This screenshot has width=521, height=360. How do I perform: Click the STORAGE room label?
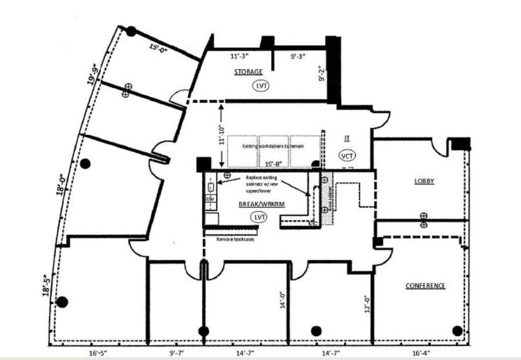click(x=248, y=72)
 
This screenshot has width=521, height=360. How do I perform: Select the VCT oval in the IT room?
click(x=347, y=156)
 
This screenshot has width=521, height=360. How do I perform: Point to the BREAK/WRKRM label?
click(x=262, y=204)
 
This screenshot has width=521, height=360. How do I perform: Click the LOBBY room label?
click(x=424, y=181)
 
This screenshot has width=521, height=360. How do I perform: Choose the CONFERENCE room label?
click(x=425, y=286)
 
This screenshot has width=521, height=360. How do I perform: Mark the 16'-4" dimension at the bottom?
click(x=421, y=353)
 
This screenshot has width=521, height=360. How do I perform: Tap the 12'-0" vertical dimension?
click(x=367, y=304)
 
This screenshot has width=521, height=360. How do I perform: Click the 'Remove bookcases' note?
click(x=235, y=239)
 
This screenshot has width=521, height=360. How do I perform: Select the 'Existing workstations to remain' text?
click(x=273, y=146)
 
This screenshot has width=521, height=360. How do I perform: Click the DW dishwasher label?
click(x=210, y=199)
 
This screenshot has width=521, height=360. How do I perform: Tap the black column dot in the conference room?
click(x=457, y=330)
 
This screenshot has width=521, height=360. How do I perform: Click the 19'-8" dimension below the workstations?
click(x=273, y=164)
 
